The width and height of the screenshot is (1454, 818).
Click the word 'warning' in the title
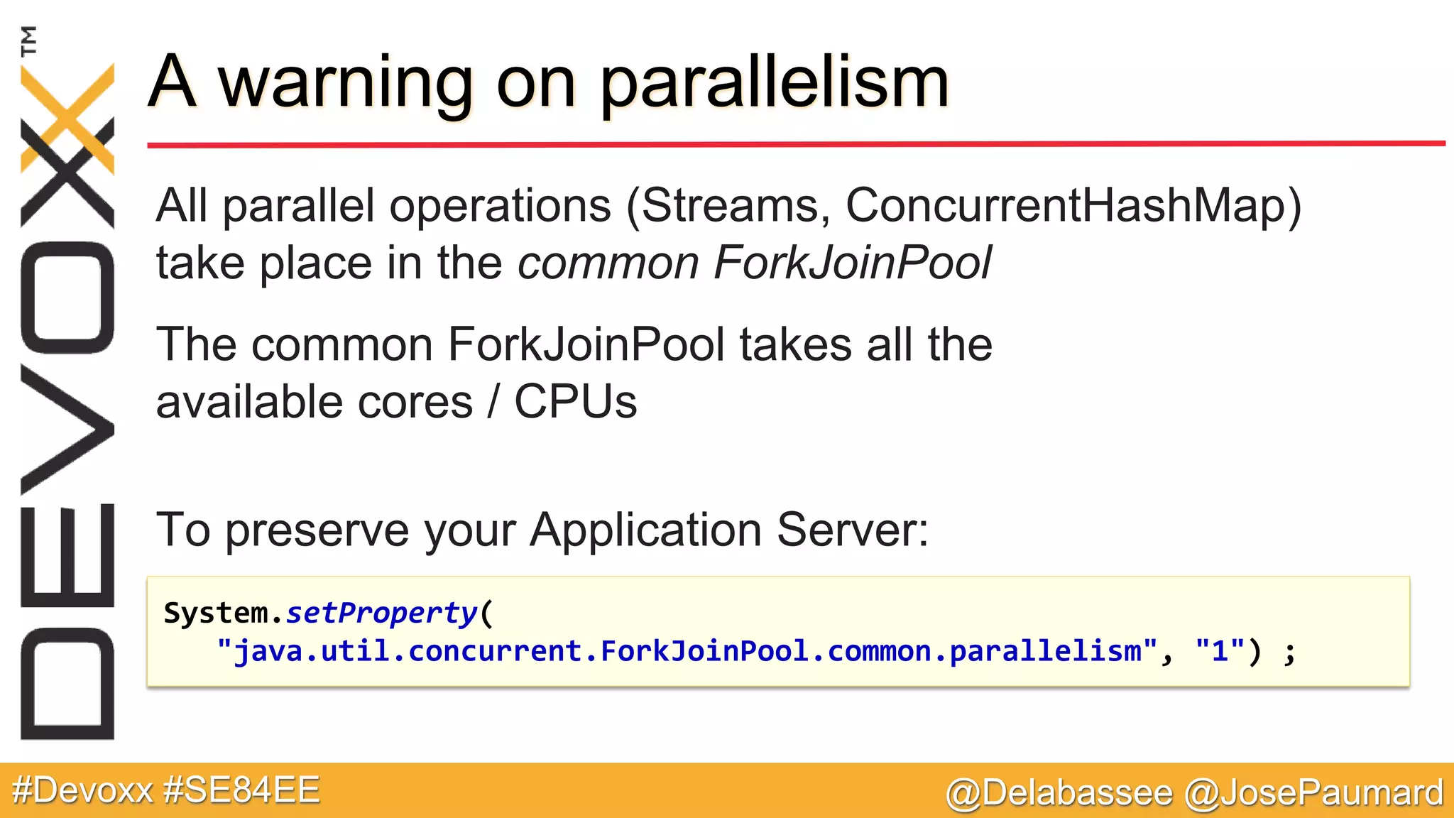coord(345,84)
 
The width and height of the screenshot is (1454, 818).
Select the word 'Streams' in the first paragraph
coord(735,206)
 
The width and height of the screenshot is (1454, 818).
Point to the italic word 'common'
coord(608,263)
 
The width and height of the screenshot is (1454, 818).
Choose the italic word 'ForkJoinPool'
coord(852,263)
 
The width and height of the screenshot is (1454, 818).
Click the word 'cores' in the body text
coord(415,402)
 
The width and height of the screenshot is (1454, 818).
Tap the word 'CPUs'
coord(575,402)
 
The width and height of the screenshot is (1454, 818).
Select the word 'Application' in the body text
coord(646,530)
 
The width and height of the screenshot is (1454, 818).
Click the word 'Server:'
coord(853,530)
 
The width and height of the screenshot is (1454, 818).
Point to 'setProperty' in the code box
coord(382,613)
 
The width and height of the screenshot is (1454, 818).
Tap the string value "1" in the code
coord(1220,650)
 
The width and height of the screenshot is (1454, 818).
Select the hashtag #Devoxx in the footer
coord(82,790)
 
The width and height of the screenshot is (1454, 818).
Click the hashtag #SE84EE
coord(241,790)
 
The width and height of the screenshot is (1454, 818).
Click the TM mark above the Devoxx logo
coord(29,40)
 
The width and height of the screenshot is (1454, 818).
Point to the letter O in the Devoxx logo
coord(67,298)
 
